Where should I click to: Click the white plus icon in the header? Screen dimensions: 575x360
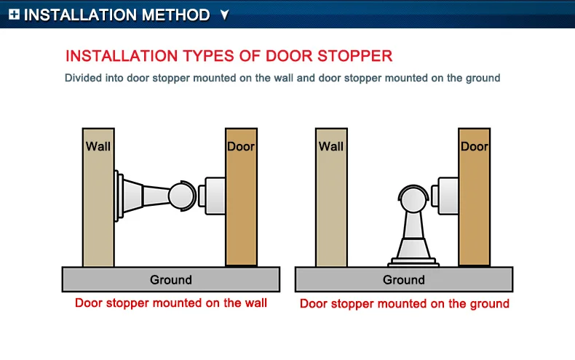click(x=14, y=15)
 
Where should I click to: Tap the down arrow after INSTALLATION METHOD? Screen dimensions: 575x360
click(x=225, y=15)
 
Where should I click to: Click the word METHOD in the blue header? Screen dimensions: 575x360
click(x=175, y=15)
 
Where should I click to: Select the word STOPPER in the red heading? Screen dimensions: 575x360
click(x=354, y=56)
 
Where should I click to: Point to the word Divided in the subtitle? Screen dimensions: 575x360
click(x=83, y=78)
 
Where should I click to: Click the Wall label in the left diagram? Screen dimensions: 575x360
click(x=98, y=146)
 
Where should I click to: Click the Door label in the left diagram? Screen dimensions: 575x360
click(x=241, y=146)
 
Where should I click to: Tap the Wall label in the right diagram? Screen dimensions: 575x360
click(x=331, y=146)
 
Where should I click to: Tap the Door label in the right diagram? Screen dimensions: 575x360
click(x=475, y=146)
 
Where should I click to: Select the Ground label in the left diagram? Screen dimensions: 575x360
click(x=171, y=280)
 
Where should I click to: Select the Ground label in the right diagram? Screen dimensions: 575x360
click(x=404, y=280)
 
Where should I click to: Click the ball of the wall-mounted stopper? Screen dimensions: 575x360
click(x=181, y=196)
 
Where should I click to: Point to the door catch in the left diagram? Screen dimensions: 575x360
click(x=212, y=196)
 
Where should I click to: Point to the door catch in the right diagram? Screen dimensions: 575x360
click(x=445, y=196)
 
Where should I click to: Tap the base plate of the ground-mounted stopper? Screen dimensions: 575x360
click(x=413, y=262)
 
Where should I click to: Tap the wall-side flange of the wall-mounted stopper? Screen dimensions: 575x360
click(x=119, y=196)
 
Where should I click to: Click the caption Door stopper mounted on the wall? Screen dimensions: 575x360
click(x=171, y=303)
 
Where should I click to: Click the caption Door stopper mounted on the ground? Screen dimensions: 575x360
click(x=405, y=303)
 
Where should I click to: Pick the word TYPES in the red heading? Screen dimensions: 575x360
click(x=209, y=56)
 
